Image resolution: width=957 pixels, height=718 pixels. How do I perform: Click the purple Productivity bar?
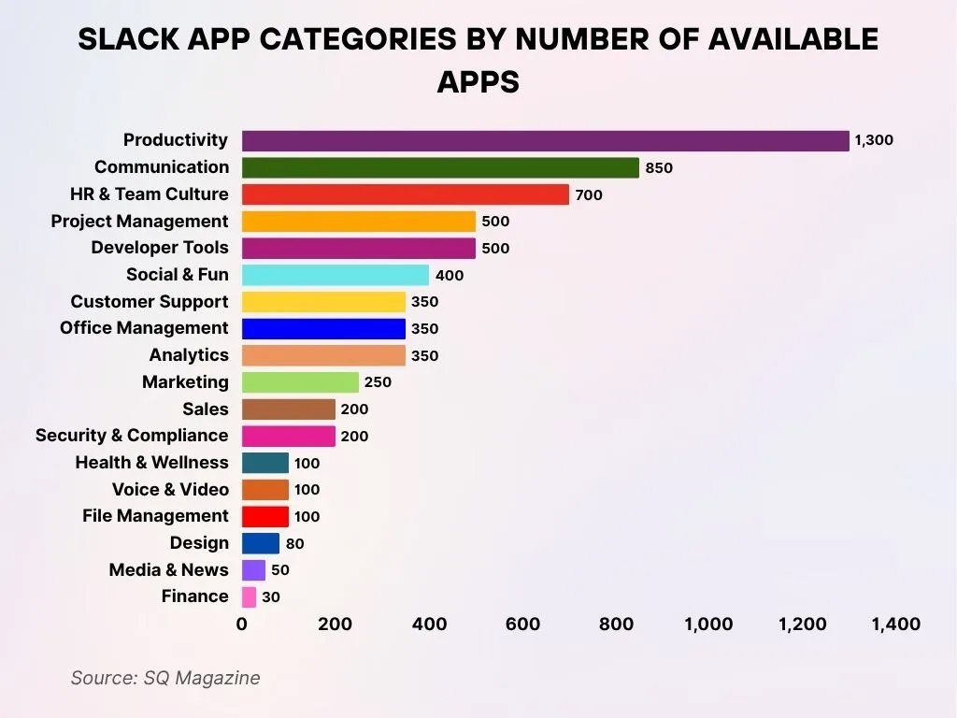coord(545,141)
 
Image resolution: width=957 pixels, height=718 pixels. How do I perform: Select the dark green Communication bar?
coord(440,168)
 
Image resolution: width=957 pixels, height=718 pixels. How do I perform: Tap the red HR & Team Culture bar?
coord(405,194)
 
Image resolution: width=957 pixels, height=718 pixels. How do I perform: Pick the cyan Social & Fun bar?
coord(335,275)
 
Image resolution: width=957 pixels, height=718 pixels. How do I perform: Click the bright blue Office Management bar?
coord(323,329)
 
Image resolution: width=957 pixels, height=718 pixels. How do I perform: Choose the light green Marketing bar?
coord(300,382)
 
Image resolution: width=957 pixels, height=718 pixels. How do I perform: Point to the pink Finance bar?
coord(249,597)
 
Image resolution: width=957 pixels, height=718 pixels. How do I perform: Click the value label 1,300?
coord(874,141)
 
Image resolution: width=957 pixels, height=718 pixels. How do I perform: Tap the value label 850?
coord(659,168)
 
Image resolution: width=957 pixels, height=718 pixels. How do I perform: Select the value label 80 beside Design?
coord(294,543)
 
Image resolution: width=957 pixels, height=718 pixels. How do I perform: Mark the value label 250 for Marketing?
coord(378,382)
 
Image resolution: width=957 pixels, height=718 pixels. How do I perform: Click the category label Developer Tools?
coord(159,248)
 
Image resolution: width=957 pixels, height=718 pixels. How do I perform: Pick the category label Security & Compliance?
coord(132,436)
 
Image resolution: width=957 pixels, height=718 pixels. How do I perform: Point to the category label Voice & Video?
coord(170,489)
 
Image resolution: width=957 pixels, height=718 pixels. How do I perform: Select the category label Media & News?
coord(168,570)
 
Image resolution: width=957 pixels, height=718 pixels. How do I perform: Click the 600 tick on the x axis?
coord(521,625)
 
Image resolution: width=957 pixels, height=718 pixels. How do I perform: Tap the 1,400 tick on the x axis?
coord(895,625)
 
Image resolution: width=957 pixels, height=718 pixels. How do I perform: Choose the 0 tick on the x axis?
coord(242,625)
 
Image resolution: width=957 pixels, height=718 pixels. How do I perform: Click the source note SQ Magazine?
coord(165,678)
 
